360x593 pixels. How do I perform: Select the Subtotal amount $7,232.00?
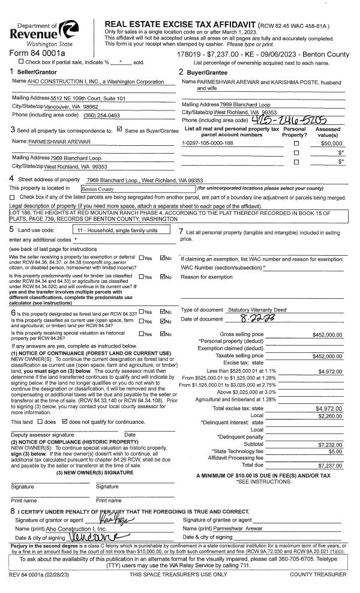pos(329,445)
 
